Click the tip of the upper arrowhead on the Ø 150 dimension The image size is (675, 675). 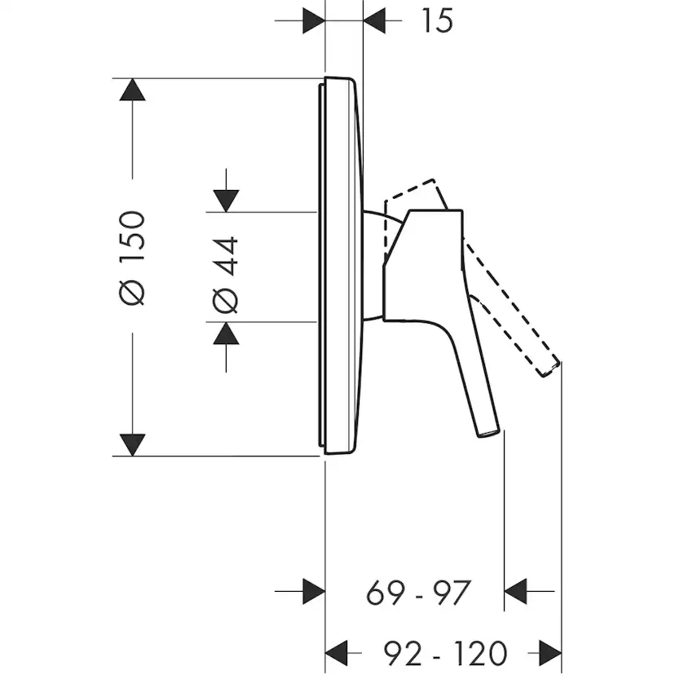[132, 79]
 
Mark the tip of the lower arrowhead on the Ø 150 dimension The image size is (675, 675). [132, 456]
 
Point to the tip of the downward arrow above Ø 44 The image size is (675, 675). [226, 212]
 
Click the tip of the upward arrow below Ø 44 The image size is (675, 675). [226, 322]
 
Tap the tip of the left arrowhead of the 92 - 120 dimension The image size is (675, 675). [325, 653]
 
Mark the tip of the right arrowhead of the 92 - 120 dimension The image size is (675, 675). [562, 653]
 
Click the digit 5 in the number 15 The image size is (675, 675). [443, 20]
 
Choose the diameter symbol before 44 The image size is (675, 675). [225, 300]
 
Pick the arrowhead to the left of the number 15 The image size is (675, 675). [314, 20]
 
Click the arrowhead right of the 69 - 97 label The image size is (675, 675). [515, 591]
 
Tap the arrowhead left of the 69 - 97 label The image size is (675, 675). [314, 591]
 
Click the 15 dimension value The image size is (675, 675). [438, 20]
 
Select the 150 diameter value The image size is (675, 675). [132, 236]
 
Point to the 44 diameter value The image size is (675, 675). [226, 256]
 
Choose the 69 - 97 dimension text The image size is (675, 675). [418, 593]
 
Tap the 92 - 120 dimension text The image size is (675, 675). [446, 653]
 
